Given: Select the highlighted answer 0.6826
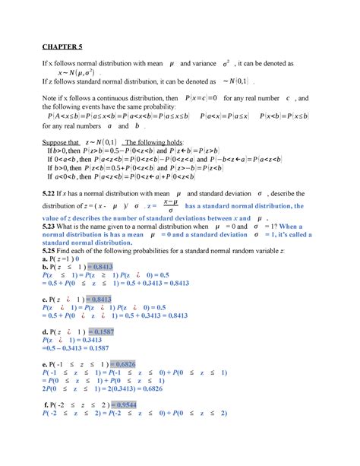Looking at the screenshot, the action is [x=130, y=363].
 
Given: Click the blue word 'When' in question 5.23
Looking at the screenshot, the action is [x=291, y=226].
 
